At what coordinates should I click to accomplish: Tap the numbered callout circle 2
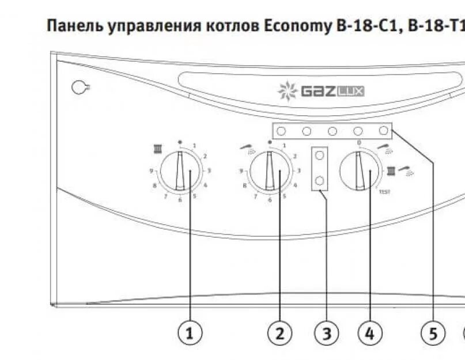click(280, 333)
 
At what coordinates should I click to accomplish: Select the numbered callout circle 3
click(326, 333)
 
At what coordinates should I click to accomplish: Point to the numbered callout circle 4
click(370, 333)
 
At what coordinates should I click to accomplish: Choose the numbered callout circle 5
click(433, 333)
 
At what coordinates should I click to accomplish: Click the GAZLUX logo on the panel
click(322, 91)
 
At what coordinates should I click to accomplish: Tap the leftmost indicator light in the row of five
click(281, 131)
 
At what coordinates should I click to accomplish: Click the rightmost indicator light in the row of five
click(384, 131)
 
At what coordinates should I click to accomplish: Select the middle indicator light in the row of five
click(332, 131)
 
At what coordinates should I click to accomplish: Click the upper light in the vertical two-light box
click(319, 156)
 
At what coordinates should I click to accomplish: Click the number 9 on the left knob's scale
click(152, 170)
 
